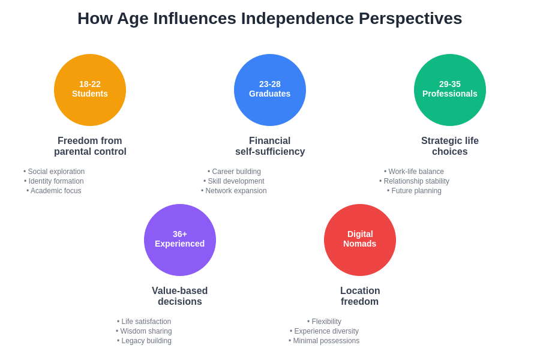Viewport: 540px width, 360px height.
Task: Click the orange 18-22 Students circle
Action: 90,90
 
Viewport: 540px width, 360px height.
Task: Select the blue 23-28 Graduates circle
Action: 270,90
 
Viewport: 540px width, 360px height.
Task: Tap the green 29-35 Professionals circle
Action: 450,90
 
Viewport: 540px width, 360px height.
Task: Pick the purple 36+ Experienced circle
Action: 180,240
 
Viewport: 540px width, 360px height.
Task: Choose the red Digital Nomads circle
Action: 360,240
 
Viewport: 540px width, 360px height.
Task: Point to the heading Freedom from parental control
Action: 90,146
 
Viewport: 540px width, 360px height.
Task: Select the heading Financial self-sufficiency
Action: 270,146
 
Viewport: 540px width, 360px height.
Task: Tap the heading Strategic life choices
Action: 450,146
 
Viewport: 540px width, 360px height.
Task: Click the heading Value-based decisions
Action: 180,296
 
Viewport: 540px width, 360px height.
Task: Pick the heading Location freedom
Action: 360,296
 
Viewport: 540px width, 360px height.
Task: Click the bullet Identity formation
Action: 54,181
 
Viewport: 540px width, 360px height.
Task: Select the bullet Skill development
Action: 234,181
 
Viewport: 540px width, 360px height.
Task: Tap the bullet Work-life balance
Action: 414,172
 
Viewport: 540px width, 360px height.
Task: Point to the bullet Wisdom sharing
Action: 144,331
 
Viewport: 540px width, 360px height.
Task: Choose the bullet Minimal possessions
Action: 324,341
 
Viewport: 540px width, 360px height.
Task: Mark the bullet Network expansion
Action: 234,191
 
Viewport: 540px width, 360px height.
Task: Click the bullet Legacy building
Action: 144,341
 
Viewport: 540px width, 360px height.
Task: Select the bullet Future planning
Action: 414,191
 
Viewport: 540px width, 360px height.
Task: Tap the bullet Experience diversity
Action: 324,331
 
